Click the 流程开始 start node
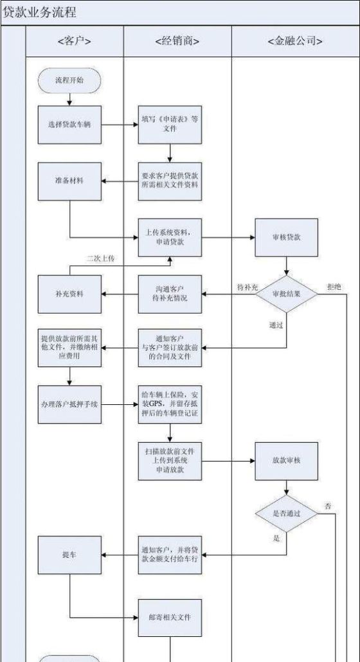coord(69,80)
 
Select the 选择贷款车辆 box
coord(69,124)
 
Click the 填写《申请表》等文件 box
coord(170,124)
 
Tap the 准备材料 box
coord(69,181)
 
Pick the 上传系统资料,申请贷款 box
coord(170,237)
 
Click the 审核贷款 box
coord(287,237)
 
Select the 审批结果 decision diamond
coord(287,294)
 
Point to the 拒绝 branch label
coord(335,285)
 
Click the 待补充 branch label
coord(248,285)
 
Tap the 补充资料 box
coord(69,294)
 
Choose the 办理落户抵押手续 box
coord(69,405)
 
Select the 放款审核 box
coord(287,461)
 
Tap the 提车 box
coord(69,554)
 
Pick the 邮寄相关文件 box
coord(170,617)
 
